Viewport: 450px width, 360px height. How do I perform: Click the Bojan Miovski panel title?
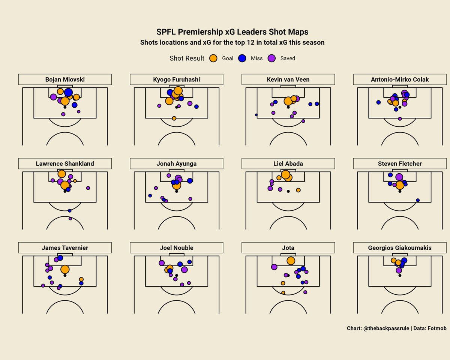pos(65,79)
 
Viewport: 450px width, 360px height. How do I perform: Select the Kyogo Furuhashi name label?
pos(177,79)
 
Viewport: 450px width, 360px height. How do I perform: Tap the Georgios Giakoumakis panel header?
pos(400,248)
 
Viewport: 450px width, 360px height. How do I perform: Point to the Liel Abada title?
pos(288,163)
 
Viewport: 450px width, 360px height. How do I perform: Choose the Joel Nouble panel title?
pos(177,248)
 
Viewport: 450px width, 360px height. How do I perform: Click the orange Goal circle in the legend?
pos(213,58)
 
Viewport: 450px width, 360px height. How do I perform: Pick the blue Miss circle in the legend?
pos(242,58)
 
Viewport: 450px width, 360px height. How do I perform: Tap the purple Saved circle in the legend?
pos(271,58)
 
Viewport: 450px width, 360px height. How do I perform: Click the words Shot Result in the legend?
pos(187,58)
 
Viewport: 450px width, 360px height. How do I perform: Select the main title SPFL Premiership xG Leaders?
pos(232,32)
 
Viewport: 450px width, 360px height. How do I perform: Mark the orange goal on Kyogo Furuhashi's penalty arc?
pos(174,118)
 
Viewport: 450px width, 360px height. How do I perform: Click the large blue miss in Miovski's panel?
pos(68,92)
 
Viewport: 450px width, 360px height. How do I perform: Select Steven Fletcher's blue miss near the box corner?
pos(418,200)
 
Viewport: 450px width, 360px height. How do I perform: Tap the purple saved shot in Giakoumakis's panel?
pos(399,270)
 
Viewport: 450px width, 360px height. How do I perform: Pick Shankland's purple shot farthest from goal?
pos(70,219)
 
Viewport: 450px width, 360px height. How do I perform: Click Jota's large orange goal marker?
pos(291,261)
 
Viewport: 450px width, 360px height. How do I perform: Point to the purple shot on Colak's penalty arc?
pos(400,119)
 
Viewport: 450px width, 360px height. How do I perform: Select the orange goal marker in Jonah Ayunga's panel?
pos(176,185)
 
